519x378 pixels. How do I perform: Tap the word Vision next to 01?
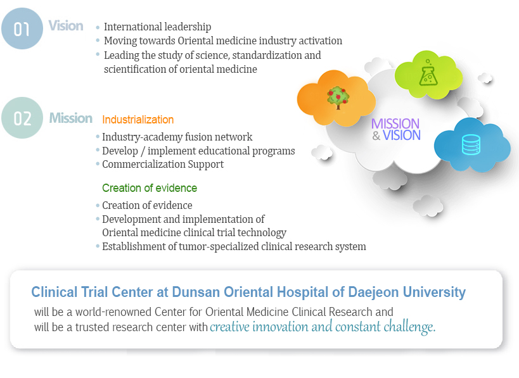(66, 26)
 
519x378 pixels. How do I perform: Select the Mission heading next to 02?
(70, 118)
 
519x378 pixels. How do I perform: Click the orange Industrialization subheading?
(138, 120)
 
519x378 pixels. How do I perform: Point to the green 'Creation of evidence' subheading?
(150, 188)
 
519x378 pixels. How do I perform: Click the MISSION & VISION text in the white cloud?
(395, 129)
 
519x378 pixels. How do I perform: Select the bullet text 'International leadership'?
(157, 27)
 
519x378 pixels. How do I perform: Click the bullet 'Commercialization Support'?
(163, 165)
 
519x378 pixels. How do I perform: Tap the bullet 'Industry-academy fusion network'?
(177, 137)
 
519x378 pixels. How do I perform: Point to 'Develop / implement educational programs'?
(198, 151)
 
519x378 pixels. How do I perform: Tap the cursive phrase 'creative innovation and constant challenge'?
(323, 327)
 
